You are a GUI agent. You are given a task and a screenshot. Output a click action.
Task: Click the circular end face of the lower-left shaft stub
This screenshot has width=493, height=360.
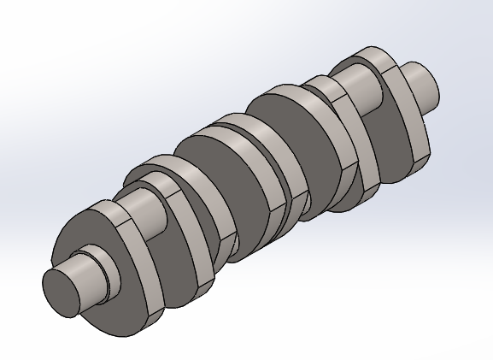(x=62, y=291)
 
